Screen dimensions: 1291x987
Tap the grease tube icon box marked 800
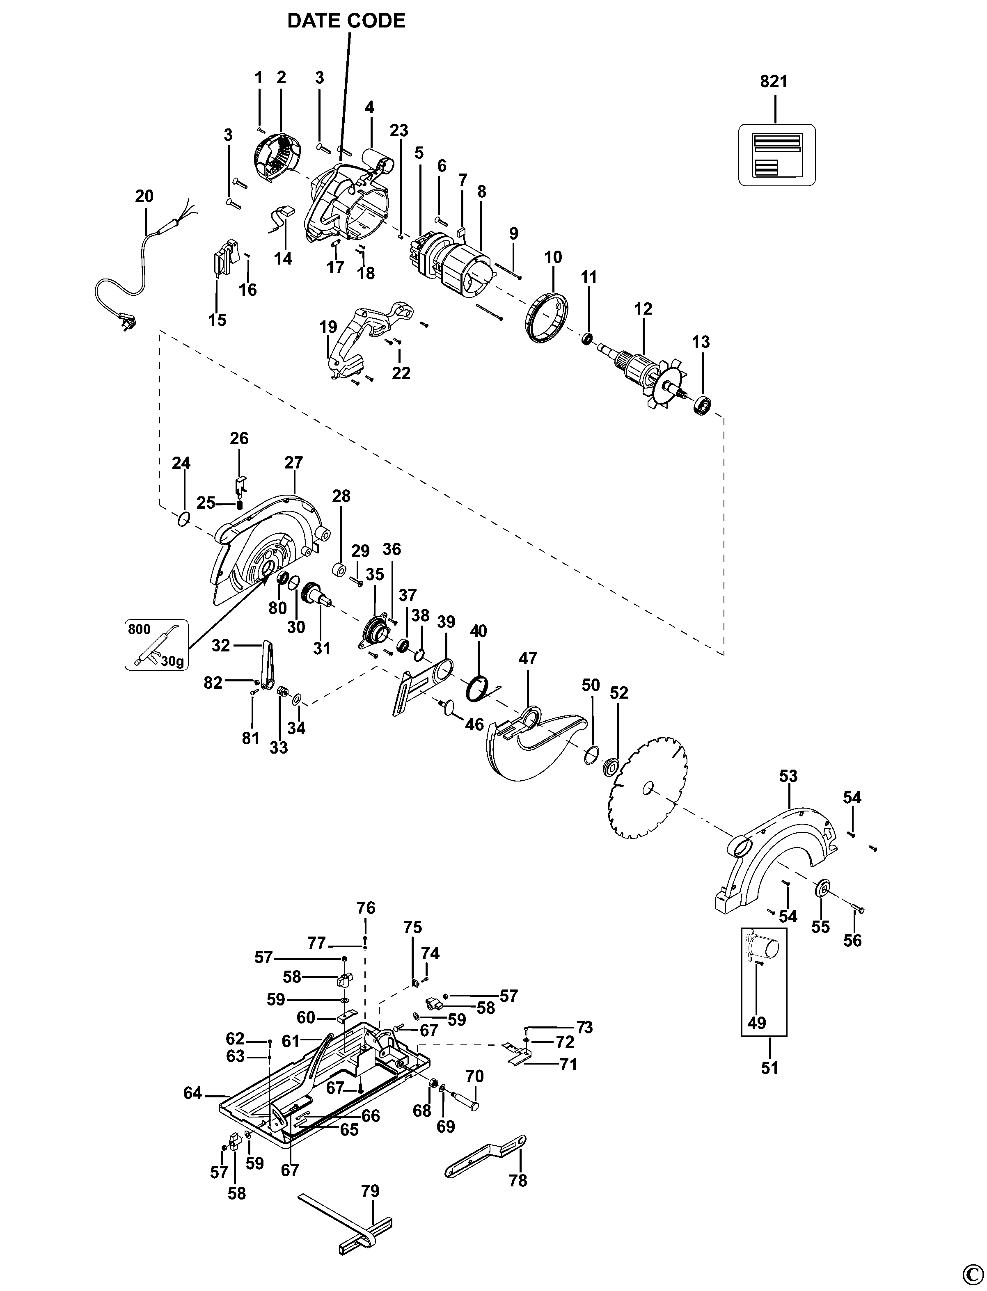(x=156, y=644)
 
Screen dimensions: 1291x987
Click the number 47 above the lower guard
(x=528, y=658)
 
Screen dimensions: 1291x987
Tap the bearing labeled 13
(x=703, y=405)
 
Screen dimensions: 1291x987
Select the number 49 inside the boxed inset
(x=757, y=1023)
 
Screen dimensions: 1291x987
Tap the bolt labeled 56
(x=858, y=910)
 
